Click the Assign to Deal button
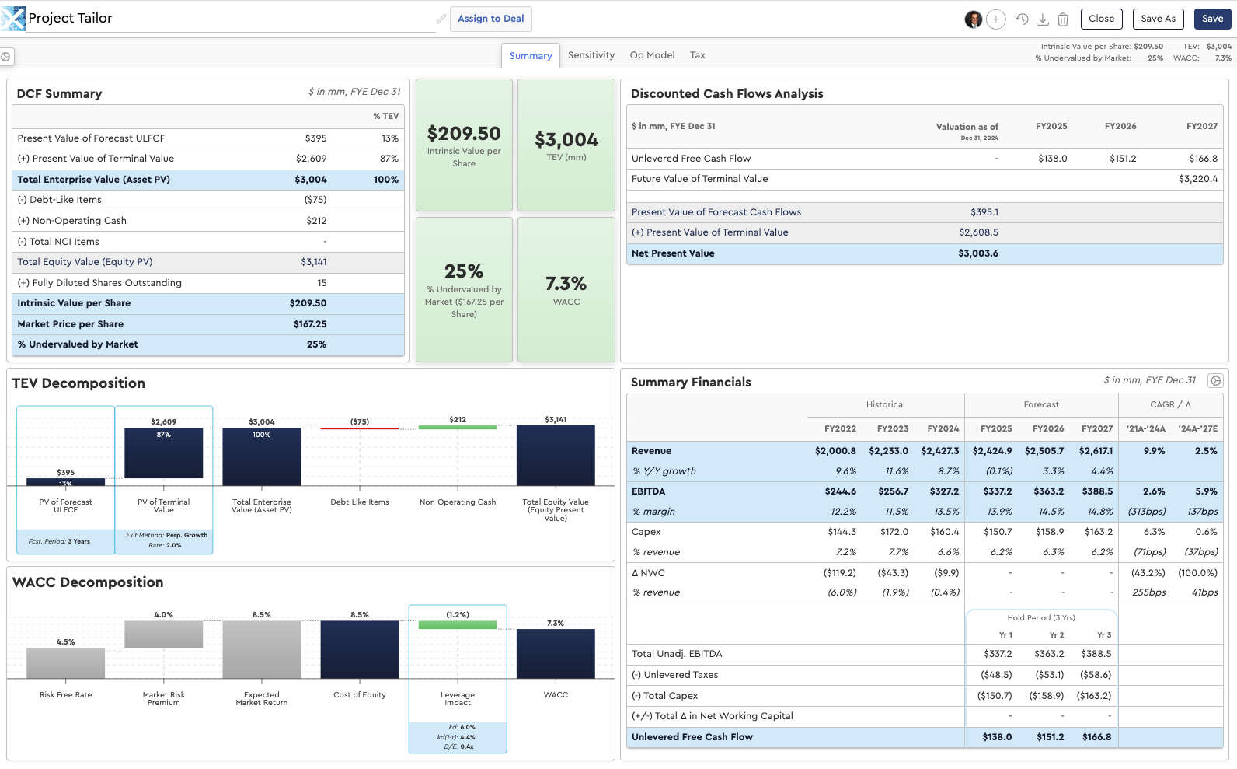coord(490,19)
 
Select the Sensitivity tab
coord(591,55)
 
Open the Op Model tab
coord(652,55)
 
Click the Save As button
coord(1158,19)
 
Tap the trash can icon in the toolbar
coord(1062,19)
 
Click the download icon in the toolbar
coord(1042,19)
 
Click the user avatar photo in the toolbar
coord(973,19)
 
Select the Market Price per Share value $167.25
coord(310,324)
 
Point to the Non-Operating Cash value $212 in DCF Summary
coord(316,221)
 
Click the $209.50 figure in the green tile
coord(464,134)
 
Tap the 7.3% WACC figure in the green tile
coord(566,283)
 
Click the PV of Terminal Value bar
coord(163,453)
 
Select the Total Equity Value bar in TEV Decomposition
coord(556,455)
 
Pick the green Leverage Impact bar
coord(457,625)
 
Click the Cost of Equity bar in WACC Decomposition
coord(360,650)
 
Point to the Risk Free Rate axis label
coord(66,695)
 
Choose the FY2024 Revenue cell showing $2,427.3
coord(940,451)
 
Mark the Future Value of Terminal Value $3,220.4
coord(1198,179)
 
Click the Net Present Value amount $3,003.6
coord(978,253)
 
